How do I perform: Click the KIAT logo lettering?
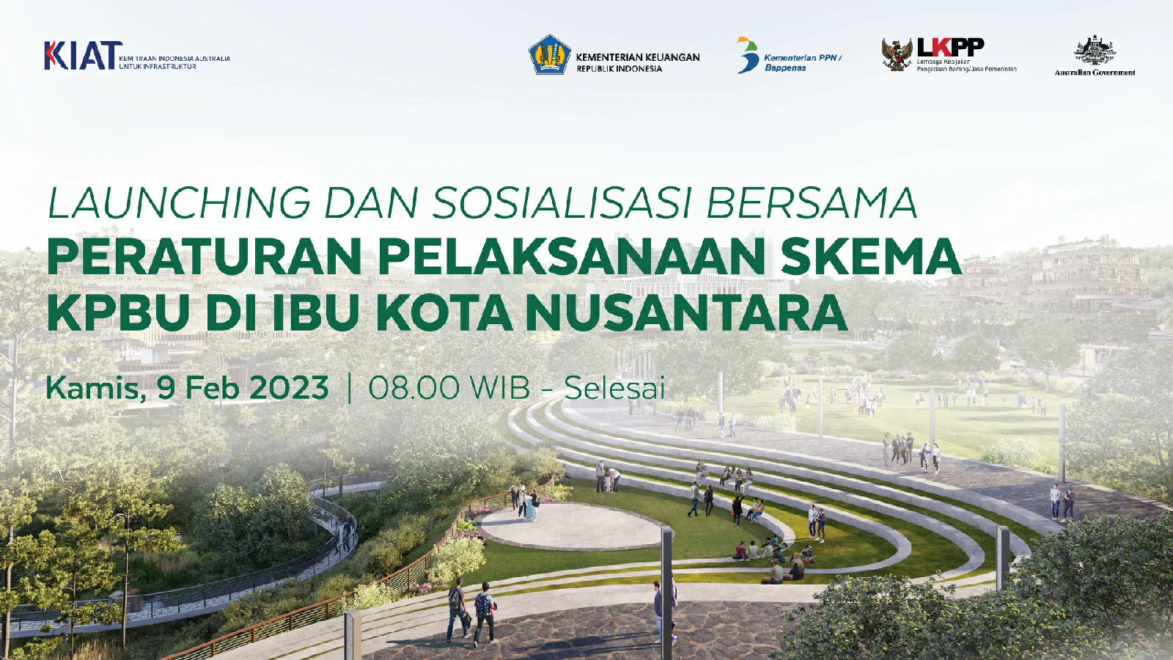[80, 55]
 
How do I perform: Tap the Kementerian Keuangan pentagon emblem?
[549, 54]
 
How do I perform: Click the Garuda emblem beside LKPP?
[897, 54]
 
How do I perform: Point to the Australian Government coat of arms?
[1095, 51]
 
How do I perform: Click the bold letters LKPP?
[950, 47]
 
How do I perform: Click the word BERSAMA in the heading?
[812, 202]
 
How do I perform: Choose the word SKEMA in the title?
[871, 257]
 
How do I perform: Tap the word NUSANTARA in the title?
[686, 312]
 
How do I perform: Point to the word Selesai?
[615, 388]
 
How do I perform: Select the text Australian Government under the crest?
[1095, 73]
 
